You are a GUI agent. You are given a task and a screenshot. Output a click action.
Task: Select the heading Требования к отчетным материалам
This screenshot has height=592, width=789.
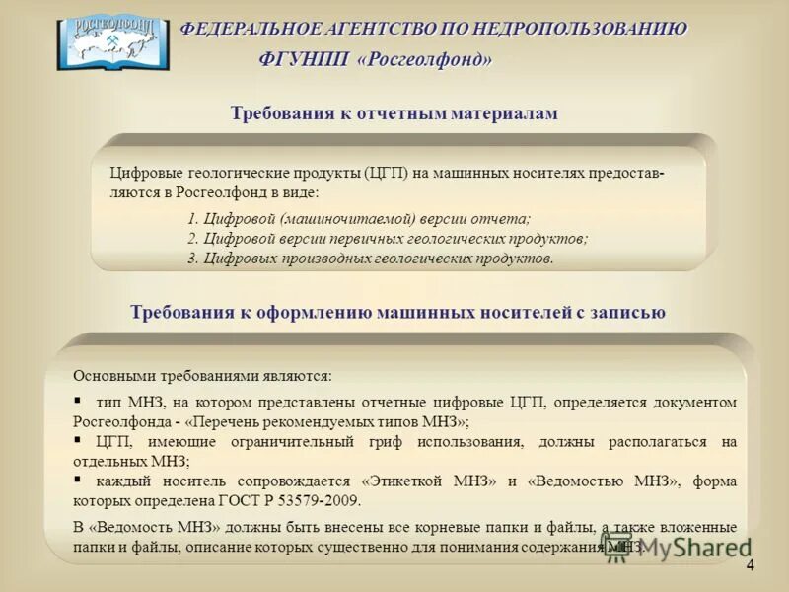pos(394,113)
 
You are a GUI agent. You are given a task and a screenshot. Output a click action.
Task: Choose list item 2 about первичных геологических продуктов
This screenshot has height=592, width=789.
pos(387,239)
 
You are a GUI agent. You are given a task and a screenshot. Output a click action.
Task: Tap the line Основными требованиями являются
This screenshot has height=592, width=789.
pos(203,376)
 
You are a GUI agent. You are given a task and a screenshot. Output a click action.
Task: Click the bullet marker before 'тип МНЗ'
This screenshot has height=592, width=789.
pos(78,401)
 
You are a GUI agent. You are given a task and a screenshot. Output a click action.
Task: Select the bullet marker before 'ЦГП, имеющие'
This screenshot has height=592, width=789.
pos(78,440)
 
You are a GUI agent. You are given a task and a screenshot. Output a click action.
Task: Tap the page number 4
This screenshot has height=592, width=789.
pos(750,565)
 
